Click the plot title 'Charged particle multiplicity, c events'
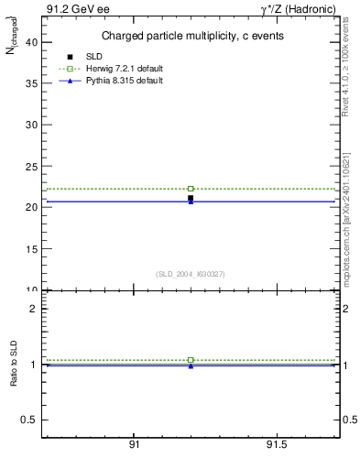point(191,36)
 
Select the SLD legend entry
point(93,57)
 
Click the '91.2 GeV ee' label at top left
point(71,9)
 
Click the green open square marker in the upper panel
point(191,189)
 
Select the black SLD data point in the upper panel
point(191,198)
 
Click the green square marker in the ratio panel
point(191,360)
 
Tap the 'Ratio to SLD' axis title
point(15,365)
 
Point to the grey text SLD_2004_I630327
point(191,274)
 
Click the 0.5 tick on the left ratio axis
point(30,420)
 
